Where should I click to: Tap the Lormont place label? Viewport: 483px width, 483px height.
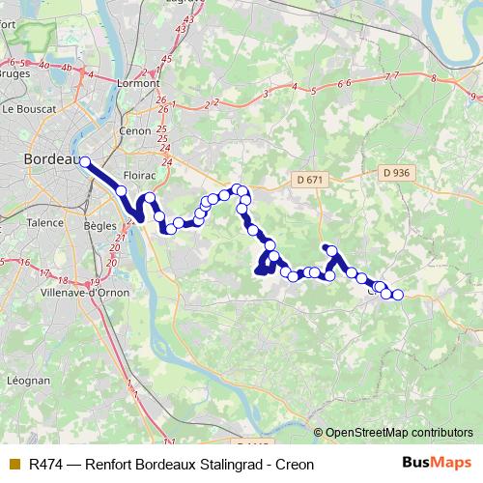click(x=139, y=83)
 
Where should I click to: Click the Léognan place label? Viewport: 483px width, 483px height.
click(x=30, y=381)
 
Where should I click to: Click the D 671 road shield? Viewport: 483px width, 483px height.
click(x=309, y=180)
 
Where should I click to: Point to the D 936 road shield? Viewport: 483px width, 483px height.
click(x=395, y=173)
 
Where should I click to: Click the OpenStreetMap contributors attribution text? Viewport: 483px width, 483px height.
click(x=399, y=433)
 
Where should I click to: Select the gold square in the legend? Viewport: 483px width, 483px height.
click(x=14, y=465)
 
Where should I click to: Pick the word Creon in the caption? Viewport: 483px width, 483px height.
click(x=295, y=465)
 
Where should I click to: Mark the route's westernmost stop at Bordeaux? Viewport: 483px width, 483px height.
click(x=85, y=162)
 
